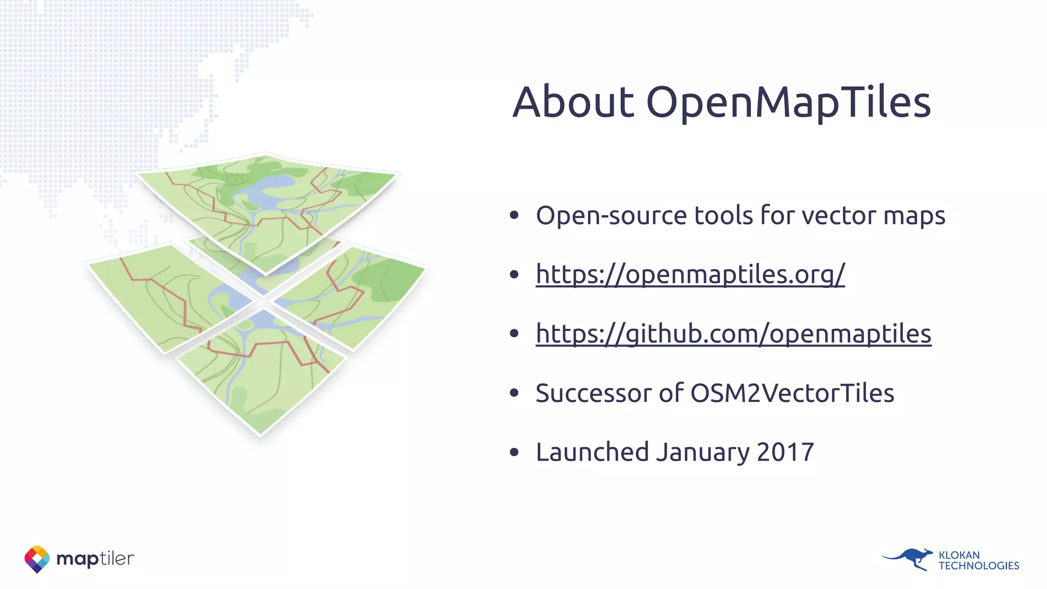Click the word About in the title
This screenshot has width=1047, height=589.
click(573, 102)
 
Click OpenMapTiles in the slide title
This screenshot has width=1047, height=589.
click(788, 103)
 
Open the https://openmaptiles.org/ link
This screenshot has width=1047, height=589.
click(690, 275)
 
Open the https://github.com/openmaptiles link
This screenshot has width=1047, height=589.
click(733, 334)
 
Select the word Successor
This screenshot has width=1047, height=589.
click(593, 393)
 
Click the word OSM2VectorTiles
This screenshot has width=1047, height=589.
click(792, 393)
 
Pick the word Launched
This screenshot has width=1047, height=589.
click(592, 452)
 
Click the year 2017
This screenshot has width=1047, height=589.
click(785, 452)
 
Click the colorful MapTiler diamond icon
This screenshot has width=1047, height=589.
click(37, 559)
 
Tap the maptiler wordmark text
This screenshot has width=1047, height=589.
click(95, 559)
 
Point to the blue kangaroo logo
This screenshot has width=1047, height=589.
click(908, 559)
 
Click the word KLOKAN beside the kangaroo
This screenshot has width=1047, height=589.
click(959, 555)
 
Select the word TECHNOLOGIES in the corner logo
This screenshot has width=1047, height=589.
click(978, 566)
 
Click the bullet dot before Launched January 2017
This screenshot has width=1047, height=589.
click(514, 452)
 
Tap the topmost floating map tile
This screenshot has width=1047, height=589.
click(266, 205)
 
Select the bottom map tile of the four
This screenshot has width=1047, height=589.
click(261, 373)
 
